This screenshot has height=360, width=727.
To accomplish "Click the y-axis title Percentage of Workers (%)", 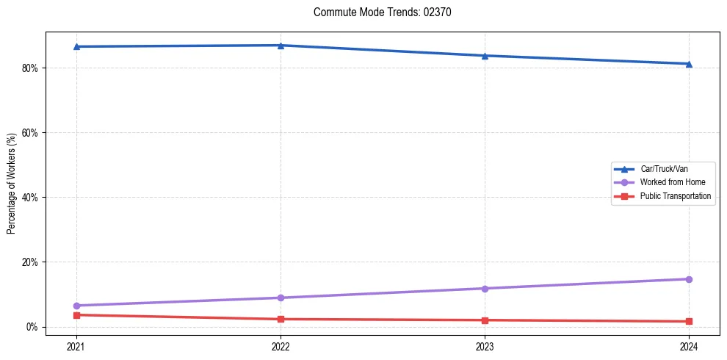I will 11,184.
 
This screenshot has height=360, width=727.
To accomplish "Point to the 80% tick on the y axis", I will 30,68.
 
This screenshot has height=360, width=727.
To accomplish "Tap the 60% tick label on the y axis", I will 30,133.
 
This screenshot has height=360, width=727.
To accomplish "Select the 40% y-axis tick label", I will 30,198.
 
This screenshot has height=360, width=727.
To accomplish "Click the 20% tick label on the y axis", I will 30,262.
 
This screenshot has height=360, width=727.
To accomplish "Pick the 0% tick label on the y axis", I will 32,327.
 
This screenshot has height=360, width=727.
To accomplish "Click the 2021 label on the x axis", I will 76,345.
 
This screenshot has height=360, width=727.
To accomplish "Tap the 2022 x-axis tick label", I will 281,345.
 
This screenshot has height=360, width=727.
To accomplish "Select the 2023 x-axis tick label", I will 485,345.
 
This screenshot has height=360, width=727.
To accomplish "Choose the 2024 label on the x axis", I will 689,345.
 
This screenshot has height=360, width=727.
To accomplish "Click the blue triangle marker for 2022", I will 281,46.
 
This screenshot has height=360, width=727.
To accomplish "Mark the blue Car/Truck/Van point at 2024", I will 689,64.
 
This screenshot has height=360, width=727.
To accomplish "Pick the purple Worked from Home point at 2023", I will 485,289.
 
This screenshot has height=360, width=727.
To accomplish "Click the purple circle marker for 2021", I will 76,306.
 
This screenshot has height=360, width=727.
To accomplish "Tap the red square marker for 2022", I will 281,319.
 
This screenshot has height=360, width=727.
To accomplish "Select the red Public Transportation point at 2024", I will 689,321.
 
